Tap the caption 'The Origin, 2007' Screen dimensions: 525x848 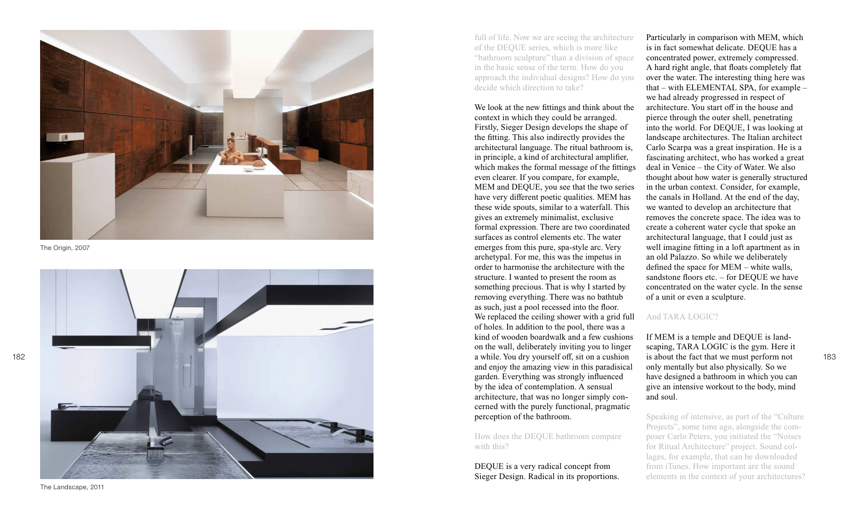coord(65,248)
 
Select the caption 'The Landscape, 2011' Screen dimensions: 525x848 coord(72,487)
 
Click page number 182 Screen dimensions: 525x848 coord(19,357)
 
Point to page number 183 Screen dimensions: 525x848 coord(829,357)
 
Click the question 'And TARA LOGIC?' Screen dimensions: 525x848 coord(682,317)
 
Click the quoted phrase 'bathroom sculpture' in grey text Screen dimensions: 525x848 coord(512,58)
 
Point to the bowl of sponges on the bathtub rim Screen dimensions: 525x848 coord(259,164)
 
